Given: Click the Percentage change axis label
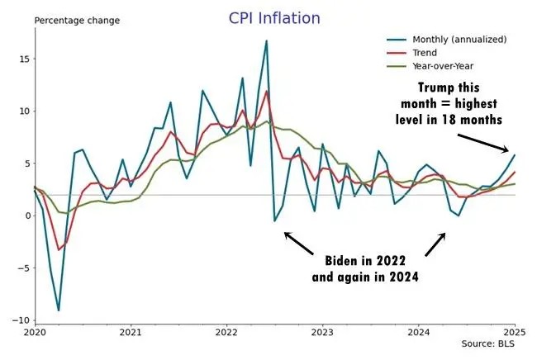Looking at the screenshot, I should [x=76, y=20].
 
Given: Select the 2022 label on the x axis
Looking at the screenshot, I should [x=226, y=333].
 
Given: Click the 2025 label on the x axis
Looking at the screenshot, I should [x=514, y=333].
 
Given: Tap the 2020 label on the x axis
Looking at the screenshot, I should [x=34, y=333].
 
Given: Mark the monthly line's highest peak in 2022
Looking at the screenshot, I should [x=266, y=40].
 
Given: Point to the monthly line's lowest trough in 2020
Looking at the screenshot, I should [x=58, y=310].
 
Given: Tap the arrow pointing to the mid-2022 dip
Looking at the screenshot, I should [x=299, y=243].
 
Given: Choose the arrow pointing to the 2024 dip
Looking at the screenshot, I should [x=436, y=244].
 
